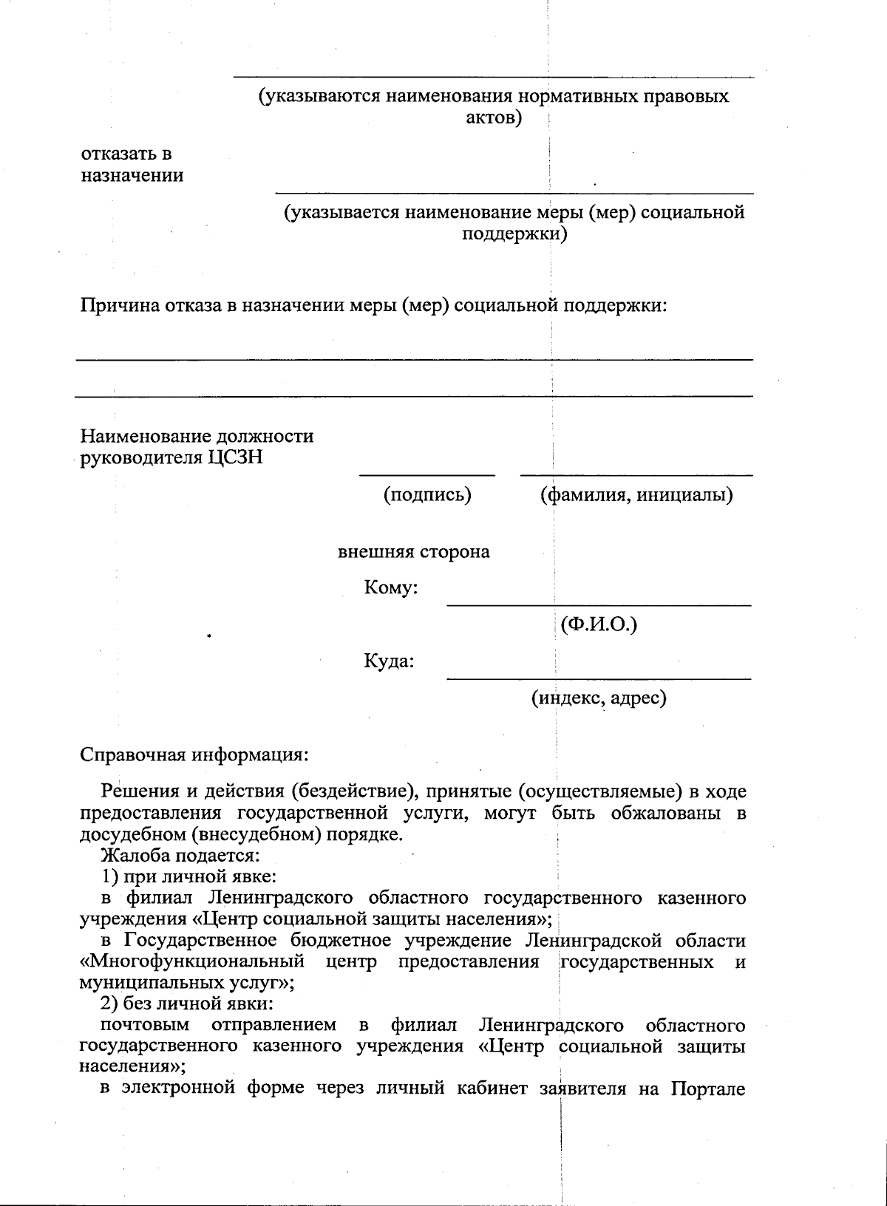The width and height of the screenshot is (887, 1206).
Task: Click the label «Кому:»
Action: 391,588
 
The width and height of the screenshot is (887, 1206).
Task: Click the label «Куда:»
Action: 389,661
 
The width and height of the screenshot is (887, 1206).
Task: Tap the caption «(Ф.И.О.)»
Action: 599,625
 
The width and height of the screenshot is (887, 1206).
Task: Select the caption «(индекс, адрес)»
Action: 599,697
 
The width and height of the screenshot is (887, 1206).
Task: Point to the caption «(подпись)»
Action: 427,494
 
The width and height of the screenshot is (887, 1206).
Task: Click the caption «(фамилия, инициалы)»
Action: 636,494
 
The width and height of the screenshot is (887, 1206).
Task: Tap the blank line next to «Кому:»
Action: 599,605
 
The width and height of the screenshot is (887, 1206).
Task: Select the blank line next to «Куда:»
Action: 599,678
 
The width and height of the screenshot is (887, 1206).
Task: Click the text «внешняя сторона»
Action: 414,552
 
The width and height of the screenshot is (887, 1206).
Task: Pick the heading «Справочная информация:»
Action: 194,755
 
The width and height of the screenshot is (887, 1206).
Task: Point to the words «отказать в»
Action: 126,154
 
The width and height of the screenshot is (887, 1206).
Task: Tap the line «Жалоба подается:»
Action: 180,856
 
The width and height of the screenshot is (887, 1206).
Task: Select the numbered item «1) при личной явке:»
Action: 188,877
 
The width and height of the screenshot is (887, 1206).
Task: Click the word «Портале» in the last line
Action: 708,1089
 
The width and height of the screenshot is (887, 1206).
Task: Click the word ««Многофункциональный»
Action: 192,962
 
